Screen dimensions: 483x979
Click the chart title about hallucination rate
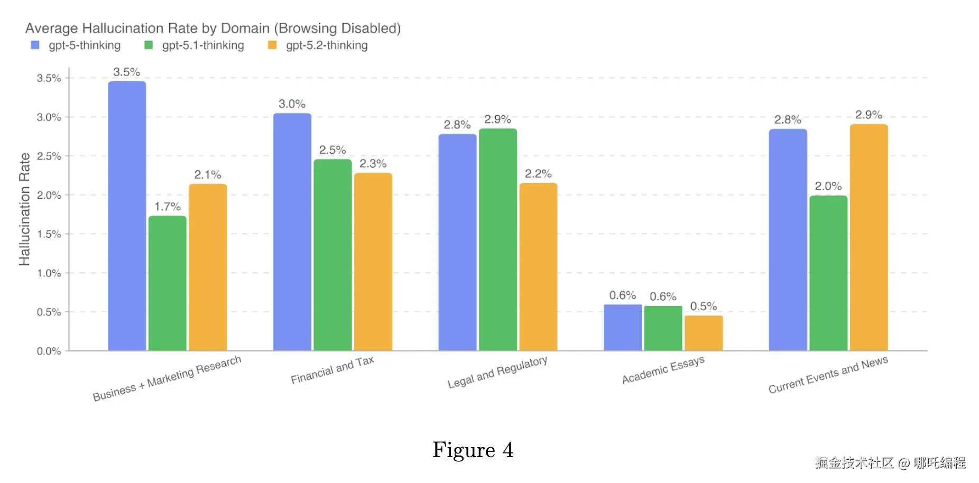pos(213,28)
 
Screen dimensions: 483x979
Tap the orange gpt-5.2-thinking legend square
pos(272,45)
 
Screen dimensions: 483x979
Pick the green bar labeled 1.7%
pos(168,283)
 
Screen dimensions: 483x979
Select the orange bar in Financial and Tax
pos(373,262)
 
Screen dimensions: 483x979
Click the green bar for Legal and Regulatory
pos(498,239)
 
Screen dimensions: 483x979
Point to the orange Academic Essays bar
pos(704,333)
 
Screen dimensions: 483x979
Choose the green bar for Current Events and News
pos(828,273)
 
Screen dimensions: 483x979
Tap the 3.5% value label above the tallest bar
pos(127,72)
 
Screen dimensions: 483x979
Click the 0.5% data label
pos(704,306)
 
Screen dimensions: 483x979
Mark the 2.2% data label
pos(538,174)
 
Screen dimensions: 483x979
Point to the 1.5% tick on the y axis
pos(49,234)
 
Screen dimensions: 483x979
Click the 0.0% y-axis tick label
pos(49,351)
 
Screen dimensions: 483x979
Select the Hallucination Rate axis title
pos(24,209)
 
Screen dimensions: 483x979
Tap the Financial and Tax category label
pos(333,370)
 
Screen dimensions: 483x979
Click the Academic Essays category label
pos(663,370)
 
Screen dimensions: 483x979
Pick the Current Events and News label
pos(828,375)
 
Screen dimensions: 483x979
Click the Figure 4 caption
pos(473,450)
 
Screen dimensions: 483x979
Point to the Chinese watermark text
pos(890,463)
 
